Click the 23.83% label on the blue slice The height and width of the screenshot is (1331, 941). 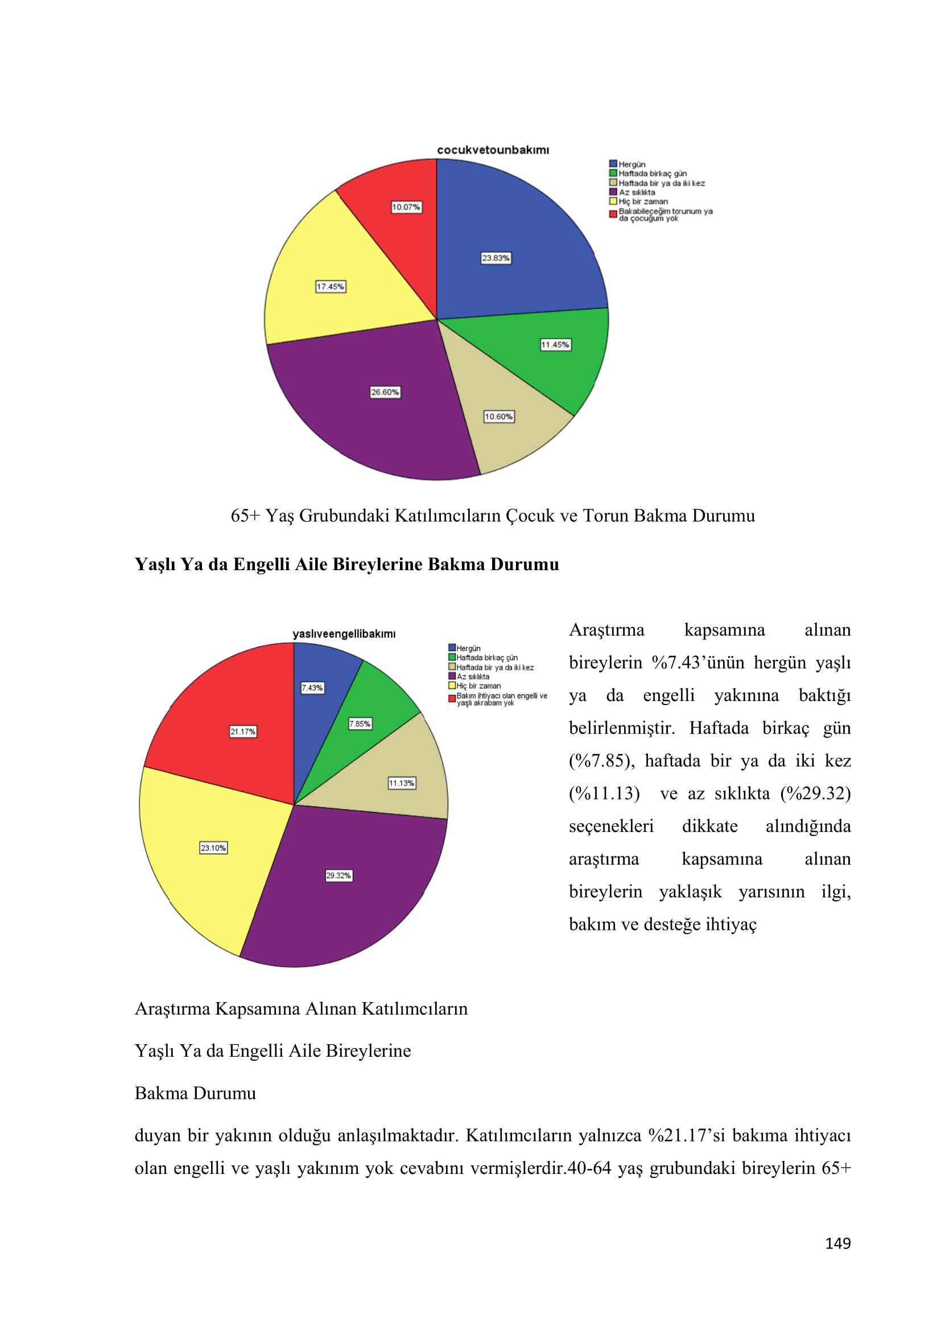496,258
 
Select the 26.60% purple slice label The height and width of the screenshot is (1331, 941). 385,393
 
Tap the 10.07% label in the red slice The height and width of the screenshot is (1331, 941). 406,207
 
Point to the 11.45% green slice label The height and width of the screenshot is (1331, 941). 555,345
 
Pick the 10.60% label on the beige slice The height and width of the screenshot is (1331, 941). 499,417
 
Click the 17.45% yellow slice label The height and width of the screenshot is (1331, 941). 331,287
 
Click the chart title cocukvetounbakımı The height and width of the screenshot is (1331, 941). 493,150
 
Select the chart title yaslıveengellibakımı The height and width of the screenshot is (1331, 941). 344,633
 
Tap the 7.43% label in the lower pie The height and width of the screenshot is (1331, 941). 312,688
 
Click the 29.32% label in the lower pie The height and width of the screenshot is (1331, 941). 339,875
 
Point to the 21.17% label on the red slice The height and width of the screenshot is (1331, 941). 243,732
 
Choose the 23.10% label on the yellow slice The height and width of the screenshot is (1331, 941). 213,848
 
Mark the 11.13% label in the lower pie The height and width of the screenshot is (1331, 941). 402,783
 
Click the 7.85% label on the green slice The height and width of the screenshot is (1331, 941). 360,723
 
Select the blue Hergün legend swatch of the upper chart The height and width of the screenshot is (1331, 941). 613,164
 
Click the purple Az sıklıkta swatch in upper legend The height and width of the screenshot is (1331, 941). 613,192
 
